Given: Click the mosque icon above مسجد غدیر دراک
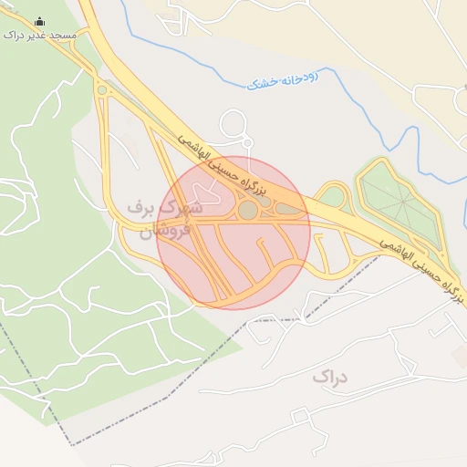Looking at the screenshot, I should [39, 21].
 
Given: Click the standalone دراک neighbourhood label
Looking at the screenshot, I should [330, 376].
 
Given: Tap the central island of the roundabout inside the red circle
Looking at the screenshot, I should [247, 211].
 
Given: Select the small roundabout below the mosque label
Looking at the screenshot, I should [101, 90].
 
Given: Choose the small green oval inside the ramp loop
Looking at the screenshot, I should [333, 196].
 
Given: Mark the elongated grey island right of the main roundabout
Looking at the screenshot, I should [289, 211].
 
